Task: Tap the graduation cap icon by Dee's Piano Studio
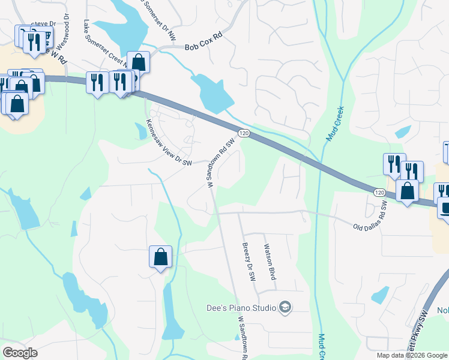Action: point(285,308)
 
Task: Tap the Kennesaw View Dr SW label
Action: point(169,143)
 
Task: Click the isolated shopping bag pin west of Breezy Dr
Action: point(160,257)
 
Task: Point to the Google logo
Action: point(20,353)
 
